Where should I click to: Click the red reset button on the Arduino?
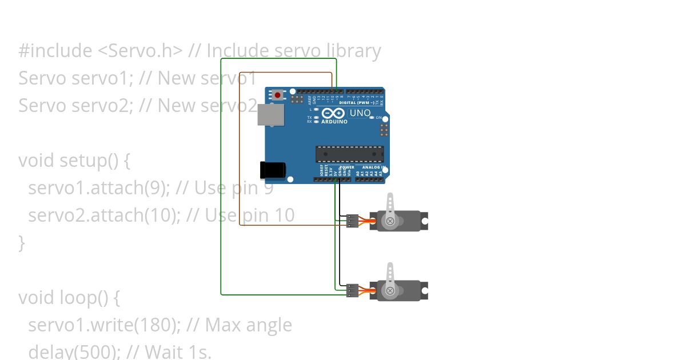point(278,95)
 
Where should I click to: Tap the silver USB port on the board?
point(271,115)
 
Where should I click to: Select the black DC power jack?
point(273,170)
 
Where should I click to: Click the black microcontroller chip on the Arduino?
point(350,154)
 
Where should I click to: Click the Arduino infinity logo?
point(334,113)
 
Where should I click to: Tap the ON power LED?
point(372,118)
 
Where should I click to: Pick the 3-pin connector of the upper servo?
point(352,221)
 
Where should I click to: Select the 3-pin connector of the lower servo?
point(352,291)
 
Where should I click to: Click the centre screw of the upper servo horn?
point(390,221)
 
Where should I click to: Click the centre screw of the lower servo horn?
point(390,291)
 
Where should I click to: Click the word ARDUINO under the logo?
point(334,122)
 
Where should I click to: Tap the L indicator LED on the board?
point(316,109)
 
